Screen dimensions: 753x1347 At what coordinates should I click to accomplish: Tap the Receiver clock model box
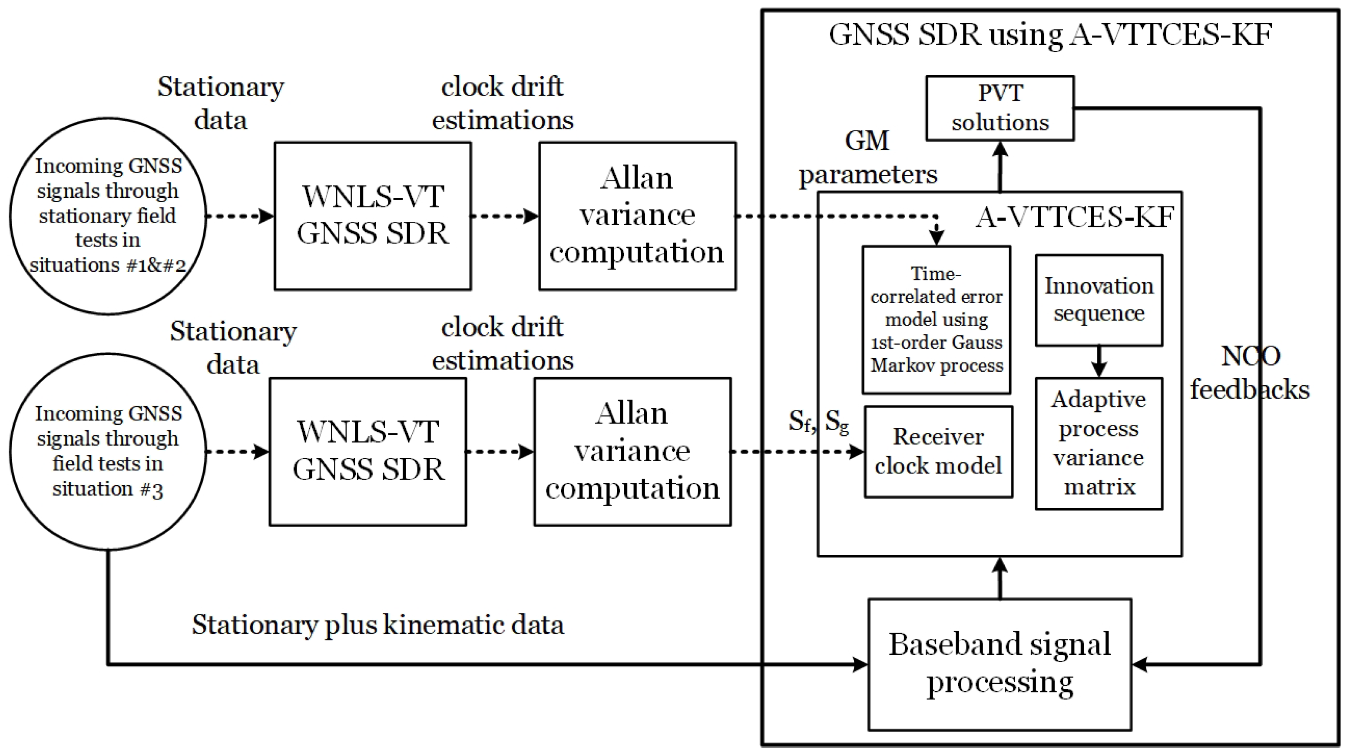pos(938,452)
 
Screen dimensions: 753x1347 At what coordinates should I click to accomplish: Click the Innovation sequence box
pos(1099,300)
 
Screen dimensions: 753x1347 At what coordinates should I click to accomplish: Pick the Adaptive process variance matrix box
pos(1099,443)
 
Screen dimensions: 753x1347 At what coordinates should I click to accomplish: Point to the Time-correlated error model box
pos(936,319)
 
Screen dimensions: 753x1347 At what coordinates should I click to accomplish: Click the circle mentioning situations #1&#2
pos(108,216)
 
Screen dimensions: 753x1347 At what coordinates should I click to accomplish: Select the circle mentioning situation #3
pos(108,451)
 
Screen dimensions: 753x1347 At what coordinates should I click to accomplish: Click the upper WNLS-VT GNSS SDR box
pos(372,216)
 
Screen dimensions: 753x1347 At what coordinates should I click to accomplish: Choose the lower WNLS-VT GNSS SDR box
pos(367,451)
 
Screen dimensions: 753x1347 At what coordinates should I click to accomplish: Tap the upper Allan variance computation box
pos(637,216)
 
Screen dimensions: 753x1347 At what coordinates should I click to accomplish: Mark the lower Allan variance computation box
pos(632,451)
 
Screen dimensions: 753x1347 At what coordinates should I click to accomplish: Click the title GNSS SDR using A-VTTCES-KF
pos(1050,35)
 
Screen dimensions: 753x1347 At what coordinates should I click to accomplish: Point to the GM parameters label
pos(867,157)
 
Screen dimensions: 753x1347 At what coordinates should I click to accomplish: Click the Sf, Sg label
pos(818,422)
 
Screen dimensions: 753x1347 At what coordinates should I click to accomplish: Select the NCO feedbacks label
pos(1250,373)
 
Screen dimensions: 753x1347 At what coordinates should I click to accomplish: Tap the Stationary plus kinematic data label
pos(377,624)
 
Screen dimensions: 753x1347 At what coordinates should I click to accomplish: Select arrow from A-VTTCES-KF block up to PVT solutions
pos(1000,167)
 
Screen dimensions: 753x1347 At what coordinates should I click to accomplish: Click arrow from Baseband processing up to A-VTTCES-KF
pos(1000,578)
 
